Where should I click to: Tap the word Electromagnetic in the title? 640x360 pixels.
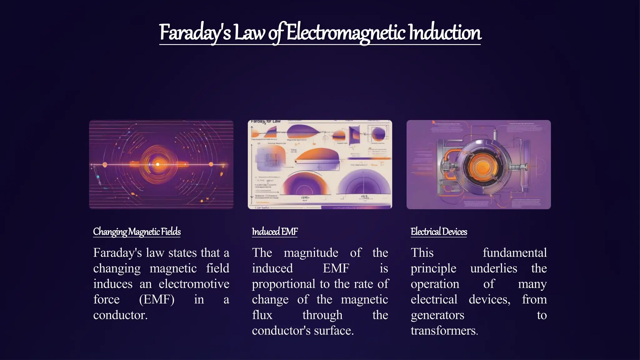coord(346,33)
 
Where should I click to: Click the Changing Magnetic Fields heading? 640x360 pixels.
coord(137,232)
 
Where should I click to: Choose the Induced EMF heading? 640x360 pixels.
coord(275,232)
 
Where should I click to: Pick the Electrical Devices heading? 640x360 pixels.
coord(439,232)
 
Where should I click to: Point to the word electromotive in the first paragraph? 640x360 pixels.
coord(194,284)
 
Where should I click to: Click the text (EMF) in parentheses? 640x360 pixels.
coord(157,300)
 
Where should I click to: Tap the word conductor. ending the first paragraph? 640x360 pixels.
coord(120,315)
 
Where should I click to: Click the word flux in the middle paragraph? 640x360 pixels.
coord(262,315)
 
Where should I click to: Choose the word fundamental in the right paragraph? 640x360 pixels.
coord(514,253)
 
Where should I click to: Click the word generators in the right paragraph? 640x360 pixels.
coord(437,315)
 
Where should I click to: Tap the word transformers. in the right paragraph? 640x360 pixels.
coord(444,331)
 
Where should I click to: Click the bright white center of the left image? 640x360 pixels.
coord(158,164)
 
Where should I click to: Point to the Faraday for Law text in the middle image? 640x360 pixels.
coord(266,121)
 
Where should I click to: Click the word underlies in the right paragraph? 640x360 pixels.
coord(493,268)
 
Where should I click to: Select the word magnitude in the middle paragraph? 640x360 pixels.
coord(311,253)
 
